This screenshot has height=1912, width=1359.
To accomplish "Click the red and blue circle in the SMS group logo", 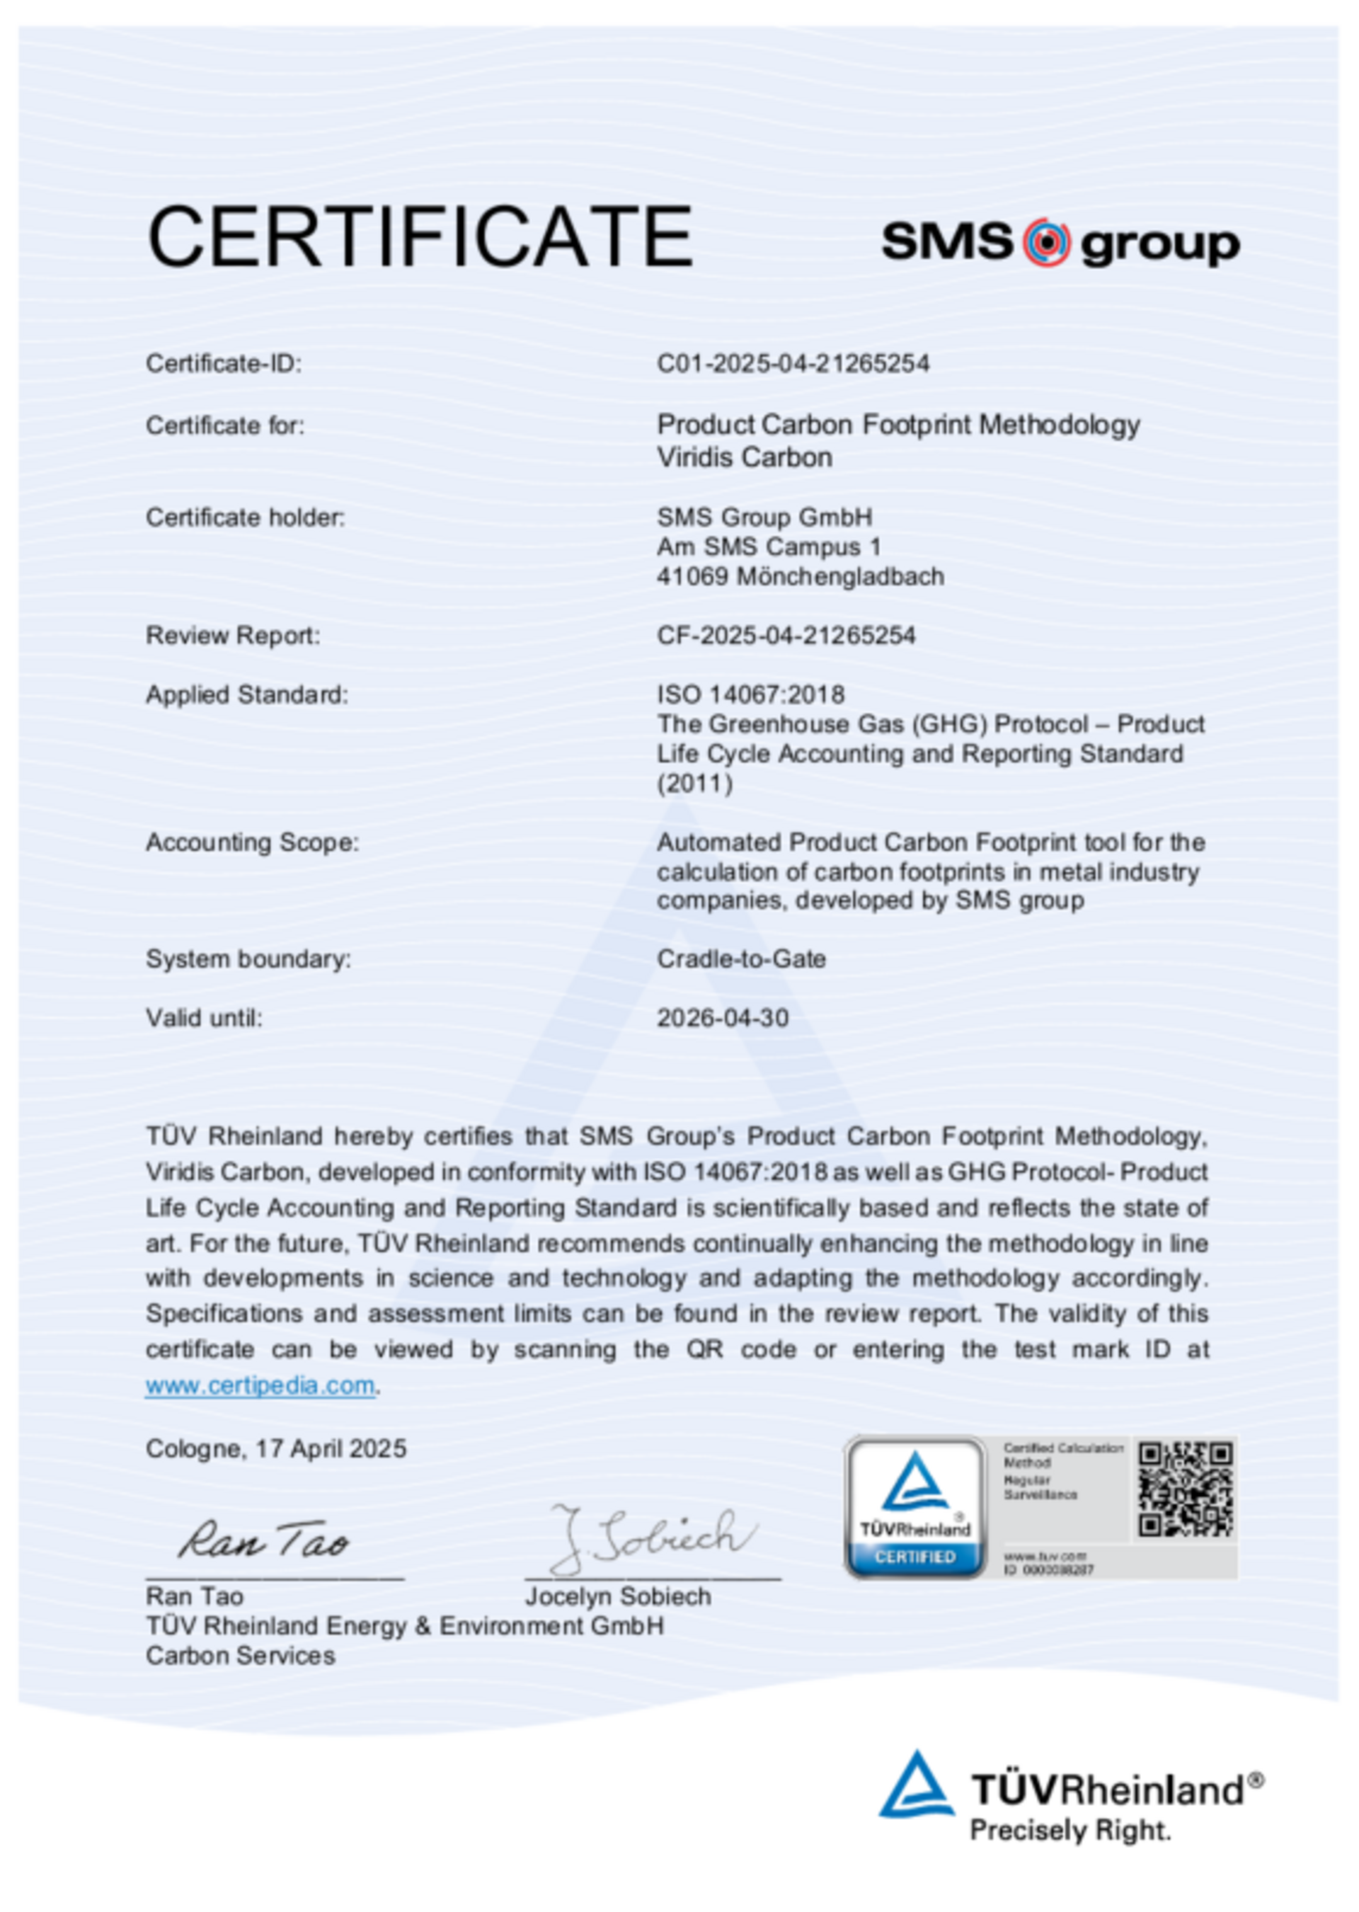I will pos(1046,242).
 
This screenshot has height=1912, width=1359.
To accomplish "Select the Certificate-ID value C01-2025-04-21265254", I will pos(793,363).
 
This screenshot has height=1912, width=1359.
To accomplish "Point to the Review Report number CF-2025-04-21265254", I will pos(786,635).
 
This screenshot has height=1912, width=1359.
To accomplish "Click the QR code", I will pos(1185,1489).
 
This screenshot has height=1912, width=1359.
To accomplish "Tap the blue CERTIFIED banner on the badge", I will pos(914,1557).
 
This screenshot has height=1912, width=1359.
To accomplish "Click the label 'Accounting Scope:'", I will pos(252,842).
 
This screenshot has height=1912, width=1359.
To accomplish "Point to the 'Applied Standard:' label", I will pos(247,694).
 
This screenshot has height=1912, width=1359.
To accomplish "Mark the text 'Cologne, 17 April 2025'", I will pos(276,1448).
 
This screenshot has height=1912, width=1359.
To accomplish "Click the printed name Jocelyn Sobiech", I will pos(618,1596).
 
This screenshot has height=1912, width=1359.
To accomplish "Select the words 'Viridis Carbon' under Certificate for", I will pos(744,458).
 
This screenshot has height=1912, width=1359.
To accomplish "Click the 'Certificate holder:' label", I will pos(245,518).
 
